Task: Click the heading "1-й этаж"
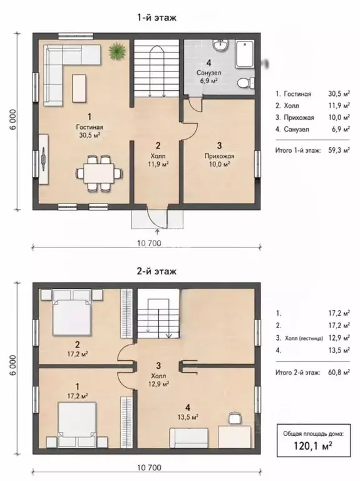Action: click(x=157, y=18)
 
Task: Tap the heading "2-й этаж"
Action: click(x=157, y=271)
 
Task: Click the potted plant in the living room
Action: click(x=118, y=50)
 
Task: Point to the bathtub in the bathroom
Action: click(x=245, y=54)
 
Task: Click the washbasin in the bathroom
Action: click(x=220, y=45)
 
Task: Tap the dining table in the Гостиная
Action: click(x=99, y=173)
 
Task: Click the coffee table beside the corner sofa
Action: click(x=80, y=89)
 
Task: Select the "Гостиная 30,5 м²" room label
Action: click(x=90, y=131)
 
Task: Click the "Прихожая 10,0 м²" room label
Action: click(x=219, y=160)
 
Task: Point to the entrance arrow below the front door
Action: click(x=158, y=232)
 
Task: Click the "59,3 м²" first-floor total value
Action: click(x=339, y=150)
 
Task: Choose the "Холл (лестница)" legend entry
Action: click(x=304, y=338)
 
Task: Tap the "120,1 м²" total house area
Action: click(x=313, y=445)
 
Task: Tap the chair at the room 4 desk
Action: click(x=234, y=418)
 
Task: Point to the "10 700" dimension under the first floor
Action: click(x=149, y=243)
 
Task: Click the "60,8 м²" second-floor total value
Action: click(x=339, y=373)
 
